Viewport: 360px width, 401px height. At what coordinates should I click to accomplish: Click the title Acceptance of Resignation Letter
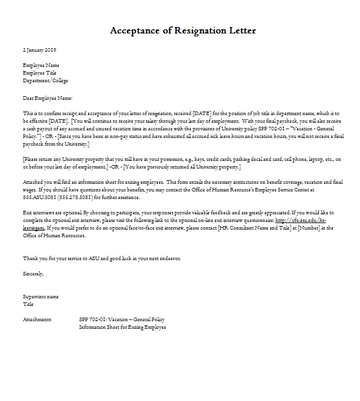pyautogui.click(x=183, y=30)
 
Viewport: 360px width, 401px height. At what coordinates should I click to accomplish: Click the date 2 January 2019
pyautogui.click(x=40, y=50)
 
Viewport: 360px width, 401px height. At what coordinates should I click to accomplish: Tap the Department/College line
pyautogui.click(x=45, y=80)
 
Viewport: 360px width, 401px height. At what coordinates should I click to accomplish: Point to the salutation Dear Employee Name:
pyautogui.click(x=48, y=98)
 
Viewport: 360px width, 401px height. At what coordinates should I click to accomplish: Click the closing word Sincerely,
pyautogui.click(x=33, y=273)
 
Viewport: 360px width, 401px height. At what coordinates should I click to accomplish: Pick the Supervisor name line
pyautogui.click(x=41, y=296)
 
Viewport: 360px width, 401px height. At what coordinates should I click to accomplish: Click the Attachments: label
pyautogui.click(x=37, y=319)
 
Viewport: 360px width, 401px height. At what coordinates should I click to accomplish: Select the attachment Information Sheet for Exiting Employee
pyautogui.click(x=122, y=327)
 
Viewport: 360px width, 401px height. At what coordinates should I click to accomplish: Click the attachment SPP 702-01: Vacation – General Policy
pyautogui.click(x=122, y=319)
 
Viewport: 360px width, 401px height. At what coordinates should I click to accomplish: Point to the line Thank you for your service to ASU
pyautogui.click(x=102, y=258)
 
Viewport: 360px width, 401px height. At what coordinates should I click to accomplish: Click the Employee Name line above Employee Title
pyautogui.click(x=41, y=65)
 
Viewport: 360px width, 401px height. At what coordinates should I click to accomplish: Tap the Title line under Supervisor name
pyautogui.click(x=28, y=304)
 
